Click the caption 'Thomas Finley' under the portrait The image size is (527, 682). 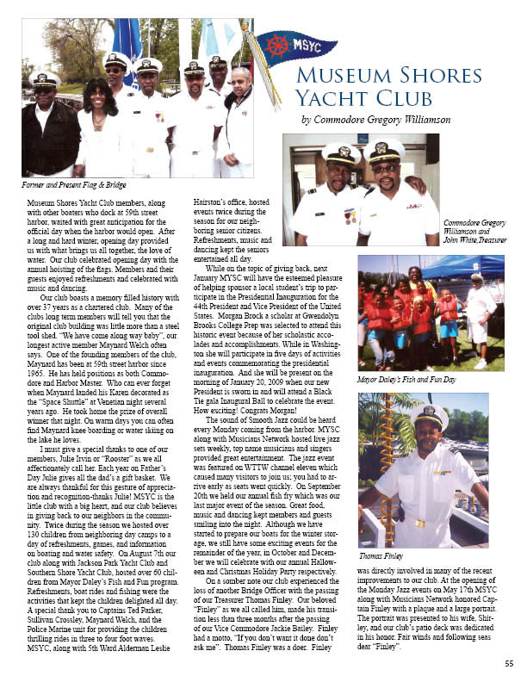point(381,556)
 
